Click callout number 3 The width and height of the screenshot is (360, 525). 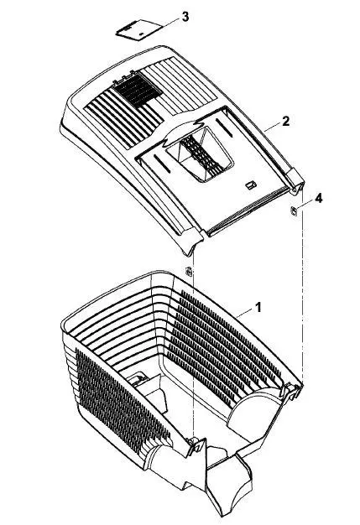[185, 17]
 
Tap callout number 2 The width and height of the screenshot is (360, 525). [285, 121]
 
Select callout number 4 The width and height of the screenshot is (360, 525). [319, 198]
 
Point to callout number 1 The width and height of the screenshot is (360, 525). [258, 307]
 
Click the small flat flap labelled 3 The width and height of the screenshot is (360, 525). [138, 29]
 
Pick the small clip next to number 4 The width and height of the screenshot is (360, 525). [293, 211]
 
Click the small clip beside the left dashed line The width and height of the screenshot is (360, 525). [189, 271]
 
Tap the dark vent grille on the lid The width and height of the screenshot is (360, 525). [138, 90]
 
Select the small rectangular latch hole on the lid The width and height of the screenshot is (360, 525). [251, 185]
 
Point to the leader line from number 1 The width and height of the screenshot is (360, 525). [246, 313]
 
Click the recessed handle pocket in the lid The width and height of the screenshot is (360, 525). [200, 154]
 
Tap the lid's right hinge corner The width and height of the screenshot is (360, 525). [295, 181]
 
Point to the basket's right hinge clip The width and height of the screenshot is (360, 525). [292, 390]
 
